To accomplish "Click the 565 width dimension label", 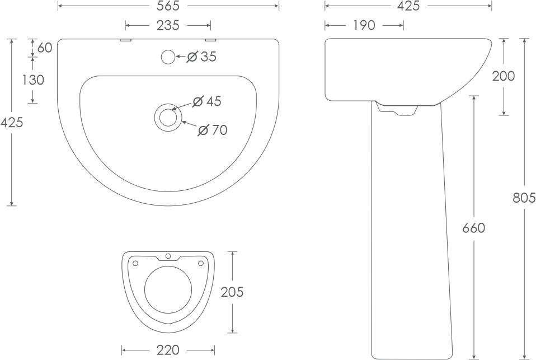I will (x=168, y=6).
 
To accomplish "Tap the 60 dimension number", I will (x=45, y=48).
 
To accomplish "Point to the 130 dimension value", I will (x=33, y=80).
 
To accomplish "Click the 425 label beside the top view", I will (x=12, y=122).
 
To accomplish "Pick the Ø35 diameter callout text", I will (x=201, y=57).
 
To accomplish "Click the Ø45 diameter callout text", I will (x=207, y=101).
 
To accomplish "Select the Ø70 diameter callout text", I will (x=213, y=130).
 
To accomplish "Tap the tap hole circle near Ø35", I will (x=167, y=57).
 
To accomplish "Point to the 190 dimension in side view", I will (x=364, y=25).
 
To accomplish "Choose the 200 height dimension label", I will (x=504, y=76).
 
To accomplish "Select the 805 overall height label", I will (x=524, y=198).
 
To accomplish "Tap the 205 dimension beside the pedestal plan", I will (x=232, y=292).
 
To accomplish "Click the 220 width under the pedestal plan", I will (x=168, y=350).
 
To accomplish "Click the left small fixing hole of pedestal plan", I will (x=135, y=263).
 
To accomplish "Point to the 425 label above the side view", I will (x=408, y=6).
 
